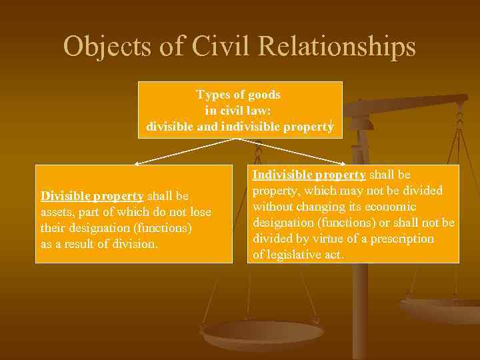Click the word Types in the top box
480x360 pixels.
(213, 95)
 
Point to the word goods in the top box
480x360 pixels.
(264, 95)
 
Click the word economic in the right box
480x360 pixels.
(390, 207)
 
